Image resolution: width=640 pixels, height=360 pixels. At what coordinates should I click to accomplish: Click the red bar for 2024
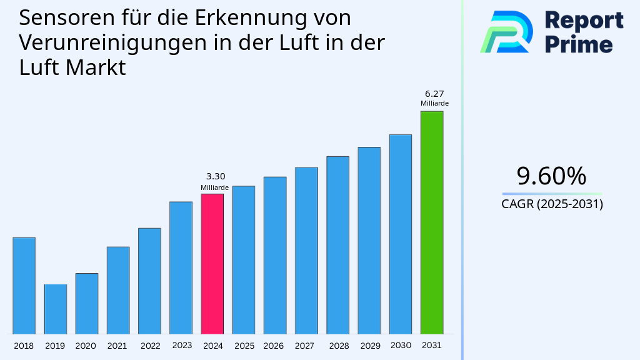212,263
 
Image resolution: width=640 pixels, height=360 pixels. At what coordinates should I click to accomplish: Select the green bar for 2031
431,222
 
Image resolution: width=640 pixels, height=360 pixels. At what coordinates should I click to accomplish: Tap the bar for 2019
55,309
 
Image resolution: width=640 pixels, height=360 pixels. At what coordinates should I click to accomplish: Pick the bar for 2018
24,285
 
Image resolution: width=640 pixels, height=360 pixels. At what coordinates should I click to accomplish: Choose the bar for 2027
306,250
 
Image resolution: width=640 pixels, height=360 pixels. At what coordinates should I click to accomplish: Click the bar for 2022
149,281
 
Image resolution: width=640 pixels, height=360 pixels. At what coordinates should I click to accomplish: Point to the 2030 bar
400,234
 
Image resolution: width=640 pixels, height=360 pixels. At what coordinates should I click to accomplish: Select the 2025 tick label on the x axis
244,346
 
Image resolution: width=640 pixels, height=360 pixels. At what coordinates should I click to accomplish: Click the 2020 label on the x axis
86,346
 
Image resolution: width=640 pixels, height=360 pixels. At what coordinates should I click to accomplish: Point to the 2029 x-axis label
369,346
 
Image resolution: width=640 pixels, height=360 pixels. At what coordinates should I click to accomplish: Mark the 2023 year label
182,346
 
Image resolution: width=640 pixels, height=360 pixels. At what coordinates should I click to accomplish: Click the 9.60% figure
551,176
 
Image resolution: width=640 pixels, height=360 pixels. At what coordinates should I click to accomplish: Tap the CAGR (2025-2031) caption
552,204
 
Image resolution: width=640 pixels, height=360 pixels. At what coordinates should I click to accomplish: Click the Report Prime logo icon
506,31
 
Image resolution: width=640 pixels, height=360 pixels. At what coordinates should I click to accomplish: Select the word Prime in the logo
578,44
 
